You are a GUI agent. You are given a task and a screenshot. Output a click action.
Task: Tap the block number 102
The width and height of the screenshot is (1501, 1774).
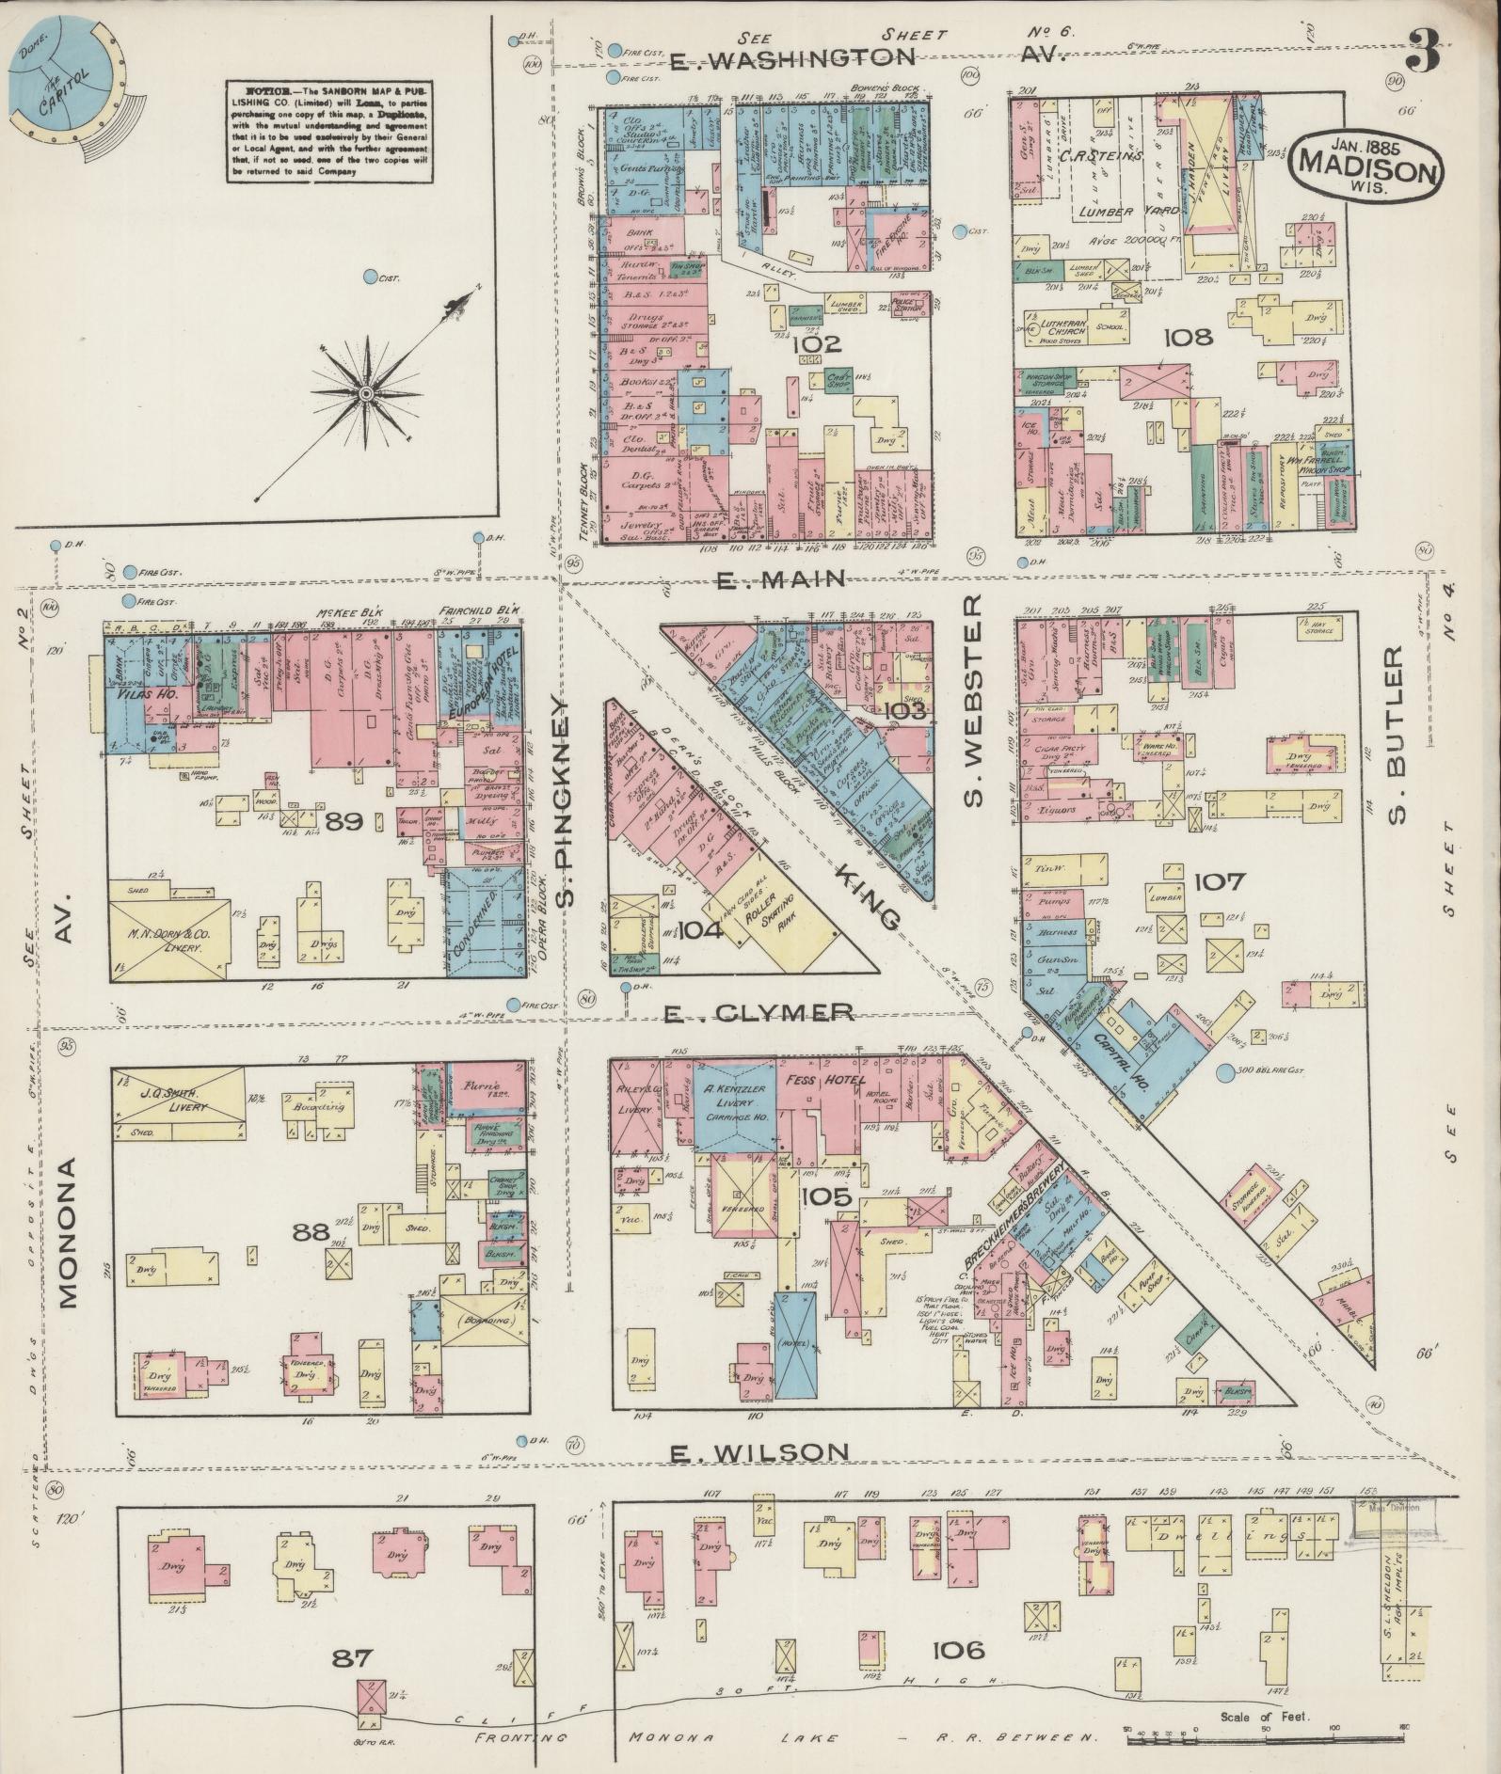coord(816,344)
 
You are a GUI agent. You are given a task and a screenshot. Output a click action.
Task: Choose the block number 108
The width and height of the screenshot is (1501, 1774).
coord(1187,337)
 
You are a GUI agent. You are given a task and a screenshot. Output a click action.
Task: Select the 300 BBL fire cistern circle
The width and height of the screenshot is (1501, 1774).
coord(1224,1071)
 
